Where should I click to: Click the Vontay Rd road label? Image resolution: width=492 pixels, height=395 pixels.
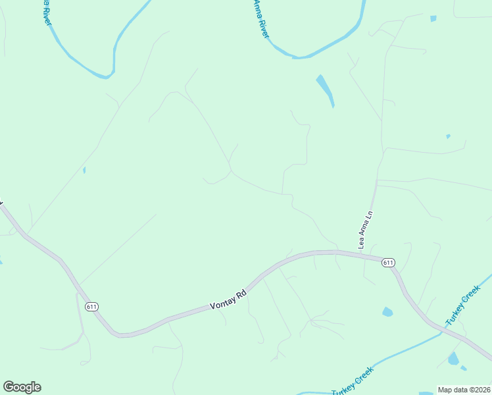(x=228, y=300)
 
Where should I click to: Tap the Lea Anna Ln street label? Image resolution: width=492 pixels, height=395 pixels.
(x=365, y=229)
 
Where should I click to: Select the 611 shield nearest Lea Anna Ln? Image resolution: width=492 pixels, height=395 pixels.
(x=388, y=263)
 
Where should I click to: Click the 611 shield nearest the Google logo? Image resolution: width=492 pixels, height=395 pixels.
(x=91, y=306)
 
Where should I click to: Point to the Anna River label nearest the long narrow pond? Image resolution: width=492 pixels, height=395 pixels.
(x=262, y=18)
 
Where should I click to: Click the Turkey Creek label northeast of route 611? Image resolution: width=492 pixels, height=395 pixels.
(x=463, y=309)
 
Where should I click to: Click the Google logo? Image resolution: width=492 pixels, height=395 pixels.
(x=22, y=387)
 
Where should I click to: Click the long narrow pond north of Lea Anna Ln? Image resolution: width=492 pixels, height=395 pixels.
(x=325, y=90)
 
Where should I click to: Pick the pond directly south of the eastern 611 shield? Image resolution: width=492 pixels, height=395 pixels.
(x=387, y=312)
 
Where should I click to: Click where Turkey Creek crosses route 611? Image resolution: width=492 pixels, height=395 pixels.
(x=441, y=332)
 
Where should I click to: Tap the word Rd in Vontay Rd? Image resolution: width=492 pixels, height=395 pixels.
(x=241, y=294)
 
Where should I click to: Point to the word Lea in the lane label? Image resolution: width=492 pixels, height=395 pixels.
(x=361, y=243)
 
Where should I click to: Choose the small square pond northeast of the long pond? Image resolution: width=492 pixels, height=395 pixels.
(x=433, y=18)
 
